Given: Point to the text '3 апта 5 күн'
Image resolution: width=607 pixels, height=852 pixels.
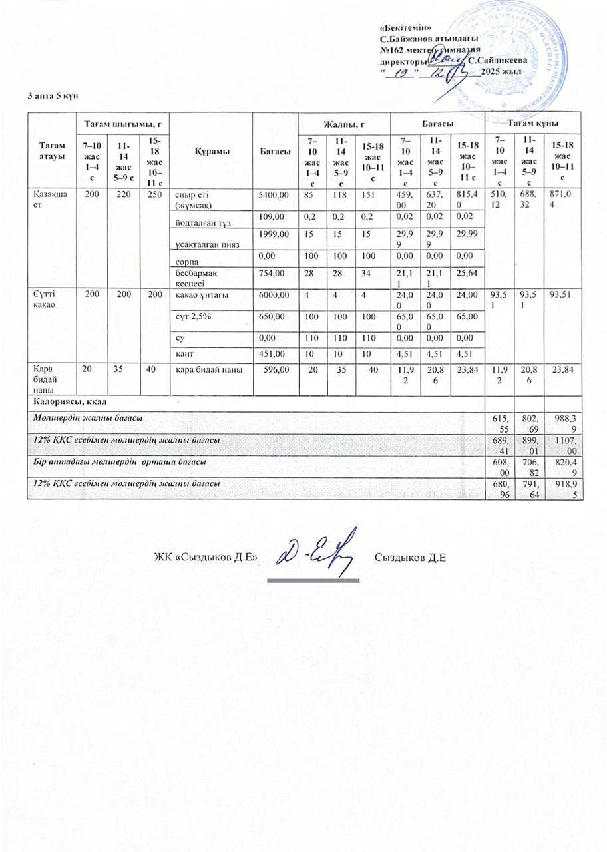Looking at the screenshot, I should (x=53, y=96).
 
